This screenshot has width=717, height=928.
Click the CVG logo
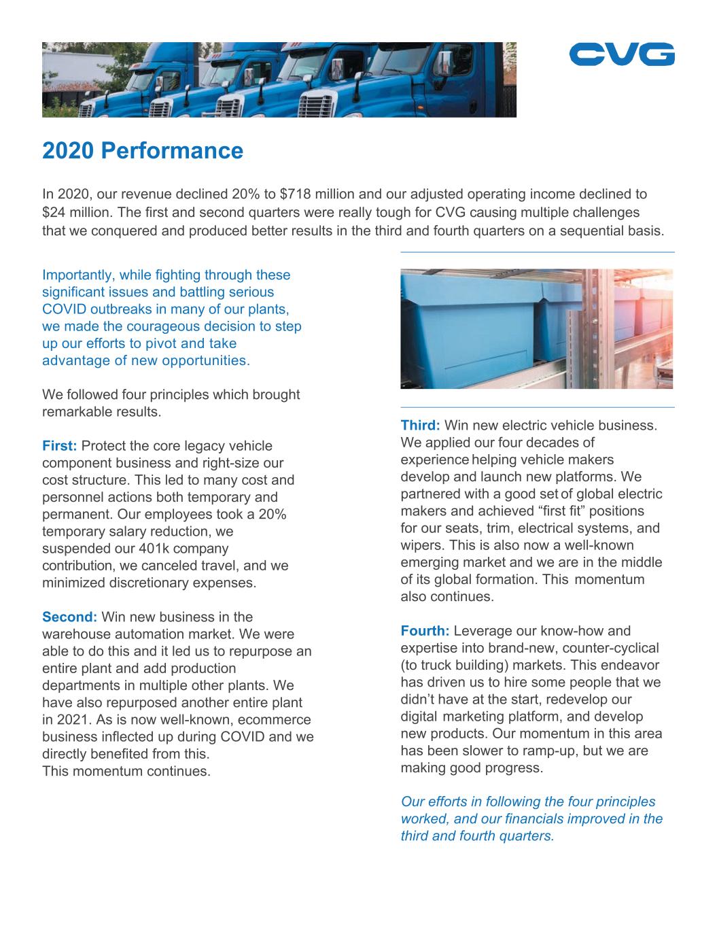tap(622, 54)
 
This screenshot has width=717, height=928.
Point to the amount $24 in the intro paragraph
tap(55, 212)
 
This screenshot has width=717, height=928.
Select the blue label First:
tap(60, 446)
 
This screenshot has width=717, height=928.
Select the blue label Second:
tap(69, 617)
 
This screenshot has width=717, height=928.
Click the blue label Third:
tap(420, 426)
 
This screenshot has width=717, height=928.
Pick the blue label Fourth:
tap(425, 631)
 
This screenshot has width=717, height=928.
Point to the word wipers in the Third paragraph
tap(421, 545)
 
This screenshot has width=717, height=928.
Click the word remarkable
tap(75, 412)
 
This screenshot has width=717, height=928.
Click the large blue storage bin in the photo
tap(469, 333)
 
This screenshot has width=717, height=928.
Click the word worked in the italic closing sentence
tap(423, 819)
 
